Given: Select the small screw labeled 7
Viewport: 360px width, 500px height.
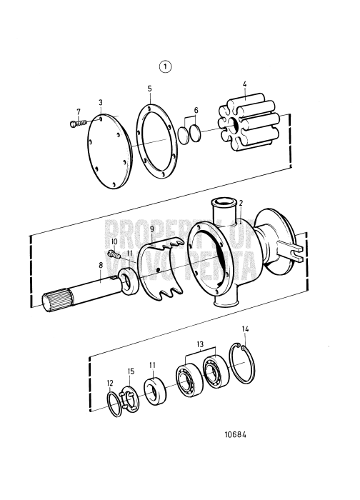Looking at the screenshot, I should click(74, 124).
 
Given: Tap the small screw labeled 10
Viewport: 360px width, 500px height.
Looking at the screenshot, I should click(112, 254).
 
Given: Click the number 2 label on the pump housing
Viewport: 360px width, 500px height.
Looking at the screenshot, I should click(241, 203).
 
